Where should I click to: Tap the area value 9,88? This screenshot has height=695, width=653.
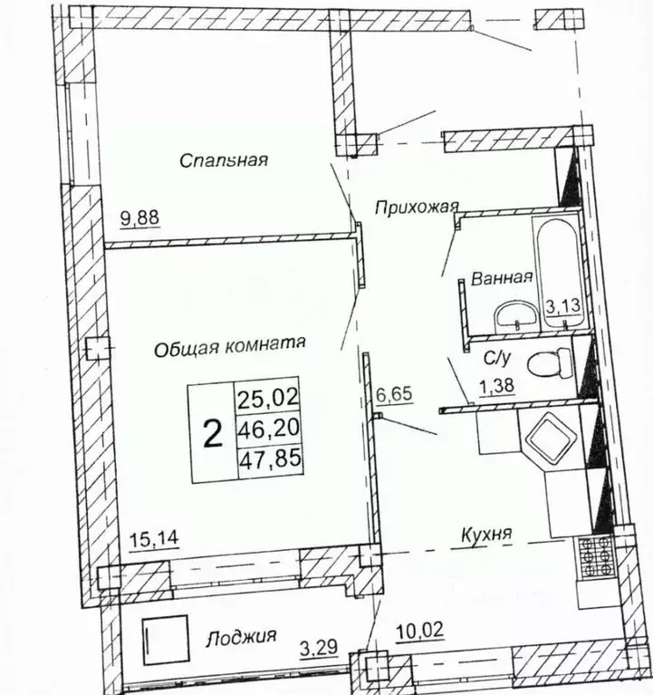pos(139,217)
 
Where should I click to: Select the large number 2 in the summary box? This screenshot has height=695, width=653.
pos(213,434)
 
